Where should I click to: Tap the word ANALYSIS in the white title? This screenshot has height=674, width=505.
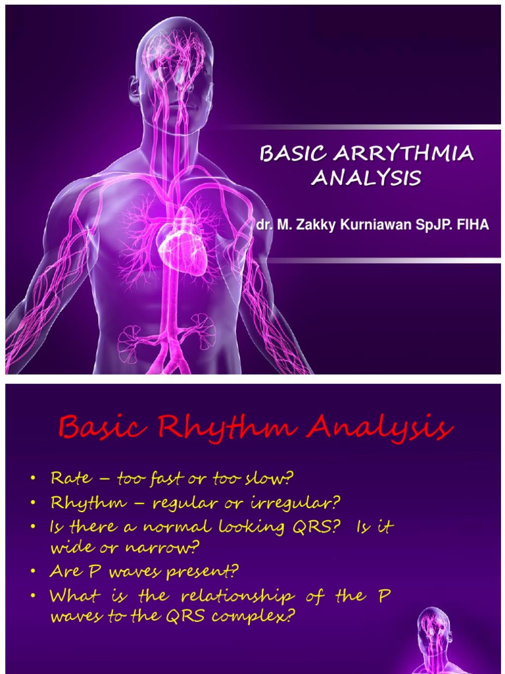tap(366, 178)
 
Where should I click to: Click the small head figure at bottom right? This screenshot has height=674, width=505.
tap(433, 638)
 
